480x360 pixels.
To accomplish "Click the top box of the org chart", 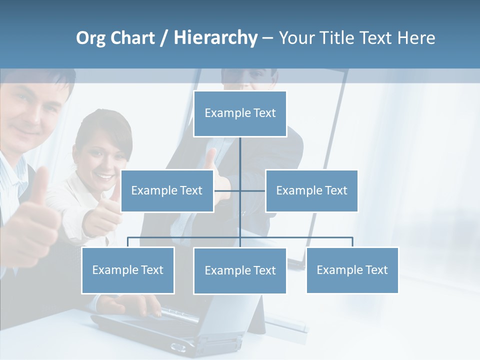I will (x=240, y=113).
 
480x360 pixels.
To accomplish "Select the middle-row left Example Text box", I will (x=167, y=190).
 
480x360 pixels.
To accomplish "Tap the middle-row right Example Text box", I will (x=311, y=190).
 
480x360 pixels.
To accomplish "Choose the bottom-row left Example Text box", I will (x=127, y=270).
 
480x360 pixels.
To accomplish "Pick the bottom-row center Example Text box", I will (x=240, y=270).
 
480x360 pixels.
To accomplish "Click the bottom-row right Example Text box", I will (x=352, y=270).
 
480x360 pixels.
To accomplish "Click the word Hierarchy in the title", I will (x=215, y=38).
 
